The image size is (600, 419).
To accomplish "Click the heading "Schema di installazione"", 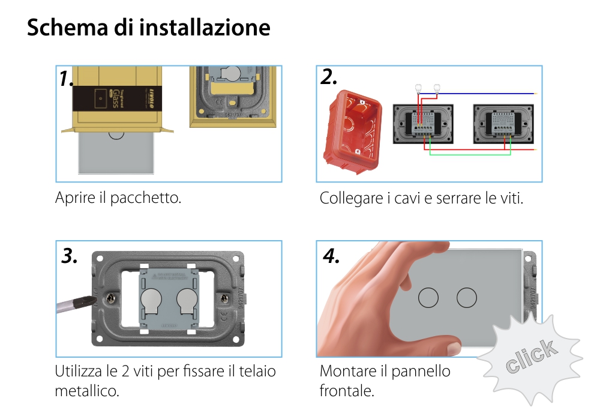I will tap(148, 28).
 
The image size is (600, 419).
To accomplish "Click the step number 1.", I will tap(67, 79).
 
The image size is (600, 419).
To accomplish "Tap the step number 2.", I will tap(329, 77).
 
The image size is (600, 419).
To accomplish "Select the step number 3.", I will tap(70, 256).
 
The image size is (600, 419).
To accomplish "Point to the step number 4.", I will tap(331, 256).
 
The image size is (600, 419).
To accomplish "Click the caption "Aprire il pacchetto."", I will tap(118, 197).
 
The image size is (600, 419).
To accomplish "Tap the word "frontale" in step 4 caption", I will tap(346, 391).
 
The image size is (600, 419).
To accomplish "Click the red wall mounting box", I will tap(353, 133).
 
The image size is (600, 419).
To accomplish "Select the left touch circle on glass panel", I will tap(428, 298).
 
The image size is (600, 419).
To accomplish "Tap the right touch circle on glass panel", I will tap(466, 298).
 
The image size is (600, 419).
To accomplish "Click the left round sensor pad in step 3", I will tap(151, 299).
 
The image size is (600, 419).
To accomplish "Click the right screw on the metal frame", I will tap(224, 297).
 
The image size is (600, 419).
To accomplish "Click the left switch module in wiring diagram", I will tap(424, 124).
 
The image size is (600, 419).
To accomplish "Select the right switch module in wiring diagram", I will tap(503, 124).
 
